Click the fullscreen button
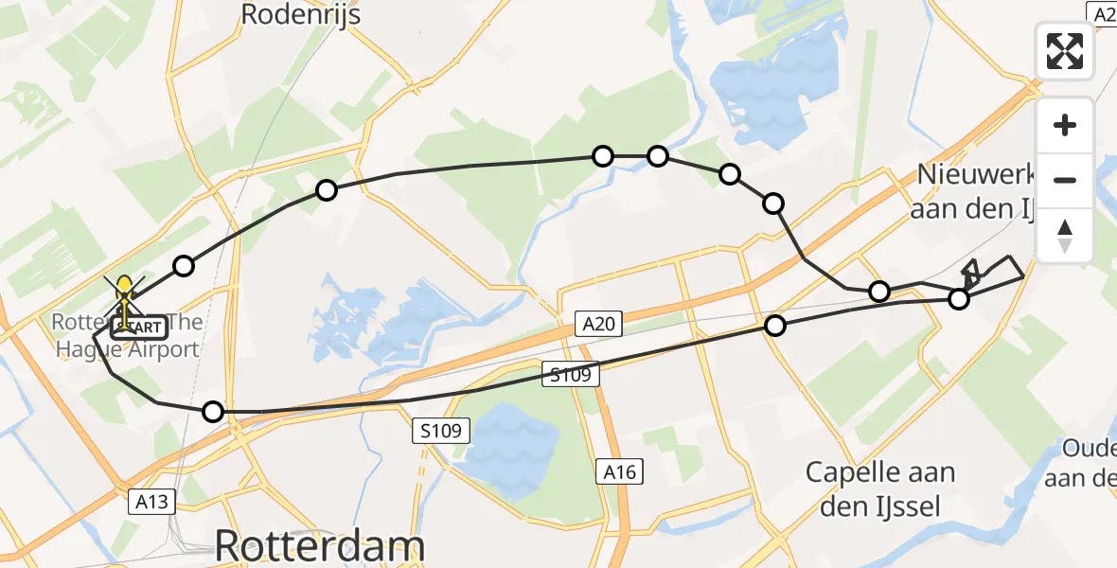1065,51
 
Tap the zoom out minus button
1065,180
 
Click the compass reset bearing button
1065,235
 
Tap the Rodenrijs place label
300,14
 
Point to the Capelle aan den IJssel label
880,488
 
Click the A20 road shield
599,326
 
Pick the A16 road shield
621,471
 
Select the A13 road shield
152,502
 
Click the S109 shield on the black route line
569,375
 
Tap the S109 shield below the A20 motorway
441,432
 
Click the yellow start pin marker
124,288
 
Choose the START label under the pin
140,328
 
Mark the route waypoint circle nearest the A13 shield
213,412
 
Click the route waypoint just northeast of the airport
184,266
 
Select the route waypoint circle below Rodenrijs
327,190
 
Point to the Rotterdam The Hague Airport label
129,336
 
